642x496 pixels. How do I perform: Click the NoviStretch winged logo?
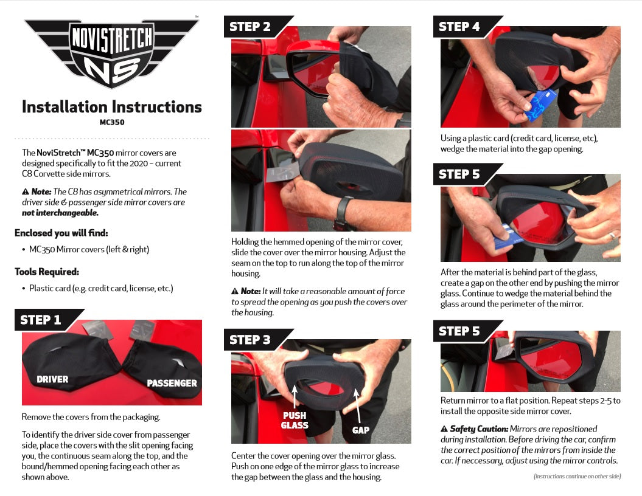point(111,52)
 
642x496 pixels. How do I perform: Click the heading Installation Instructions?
point(112,107)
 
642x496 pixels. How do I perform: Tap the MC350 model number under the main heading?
point(112,122)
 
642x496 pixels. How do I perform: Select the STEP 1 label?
point(41,320)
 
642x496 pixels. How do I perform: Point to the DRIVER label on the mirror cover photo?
point(52,379)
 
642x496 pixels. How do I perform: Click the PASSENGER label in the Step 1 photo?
point(172,383)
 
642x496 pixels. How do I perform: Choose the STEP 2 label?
point(249,27)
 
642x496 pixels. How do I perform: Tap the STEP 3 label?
point(249,340)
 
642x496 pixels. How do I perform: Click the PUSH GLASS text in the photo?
point(295,421)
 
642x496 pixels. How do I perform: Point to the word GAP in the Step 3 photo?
point(361,430)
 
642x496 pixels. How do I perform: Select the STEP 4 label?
point(459,27)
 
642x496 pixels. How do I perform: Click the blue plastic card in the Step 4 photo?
point(540,105)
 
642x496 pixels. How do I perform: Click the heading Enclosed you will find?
point(61,233)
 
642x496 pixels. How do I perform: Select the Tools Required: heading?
point(47,272)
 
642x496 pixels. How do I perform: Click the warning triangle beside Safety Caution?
point(444,429)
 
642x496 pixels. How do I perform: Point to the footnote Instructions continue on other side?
point(577,477)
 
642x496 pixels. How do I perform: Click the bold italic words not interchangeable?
point(60,213)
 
